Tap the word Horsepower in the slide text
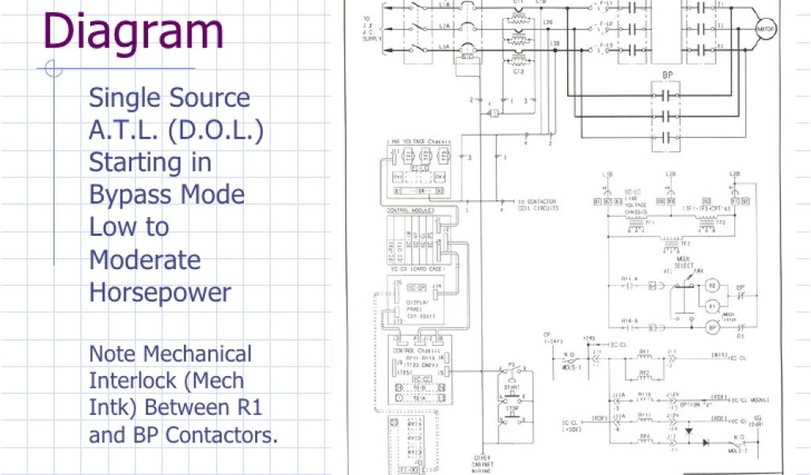(160, 292)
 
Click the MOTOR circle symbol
(766, 30)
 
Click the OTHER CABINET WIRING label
(483, 463)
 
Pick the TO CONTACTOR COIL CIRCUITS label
(539, 205)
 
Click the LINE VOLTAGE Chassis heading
(417, 142)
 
